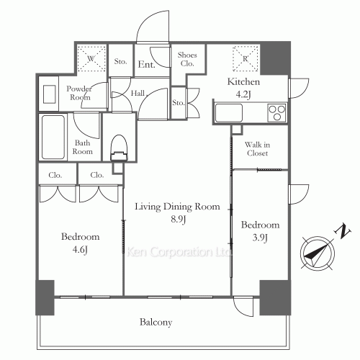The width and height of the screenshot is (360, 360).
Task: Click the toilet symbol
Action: (x=119, y=148)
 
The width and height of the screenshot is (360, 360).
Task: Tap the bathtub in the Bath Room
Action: (x=53, y=137)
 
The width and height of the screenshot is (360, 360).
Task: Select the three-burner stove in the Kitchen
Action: (x=276, y=112)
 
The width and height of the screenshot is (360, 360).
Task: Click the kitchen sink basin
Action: (x=229, y=113)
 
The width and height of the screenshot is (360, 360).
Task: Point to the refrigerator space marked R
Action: (x=245, y=59)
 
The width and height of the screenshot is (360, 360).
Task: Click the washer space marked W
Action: (x=91, y=58)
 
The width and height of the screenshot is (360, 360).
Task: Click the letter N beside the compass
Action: (x=343, y=231)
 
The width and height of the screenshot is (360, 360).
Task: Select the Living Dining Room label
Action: (x=177, y=207)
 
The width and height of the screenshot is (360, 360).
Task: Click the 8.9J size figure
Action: (x=179, y=219)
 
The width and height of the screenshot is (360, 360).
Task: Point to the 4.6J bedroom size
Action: (x=80, y=250)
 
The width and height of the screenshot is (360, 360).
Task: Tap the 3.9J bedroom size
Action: (x=260, y=238)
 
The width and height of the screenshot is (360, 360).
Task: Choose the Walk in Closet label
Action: (x=257, y=149)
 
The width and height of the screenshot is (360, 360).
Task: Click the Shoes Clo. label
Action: (x=187, y=59)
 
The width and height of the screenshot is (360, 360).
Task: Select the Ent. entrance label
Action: (x=146, y=64)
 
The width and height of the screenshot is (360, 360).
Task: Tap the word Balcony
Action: (x=156, y=322)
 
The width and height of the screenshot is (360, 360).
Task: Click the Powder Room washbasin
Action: (x=50, y=94)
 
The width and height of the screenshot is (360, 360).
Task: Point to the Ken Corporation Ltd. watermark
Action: (x=179, y=252)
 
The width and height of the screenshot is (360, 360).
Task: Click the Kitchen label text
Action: (x=243, y=82)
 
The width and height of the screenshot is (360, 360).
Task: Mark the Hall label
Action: (x=138, y=93)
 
